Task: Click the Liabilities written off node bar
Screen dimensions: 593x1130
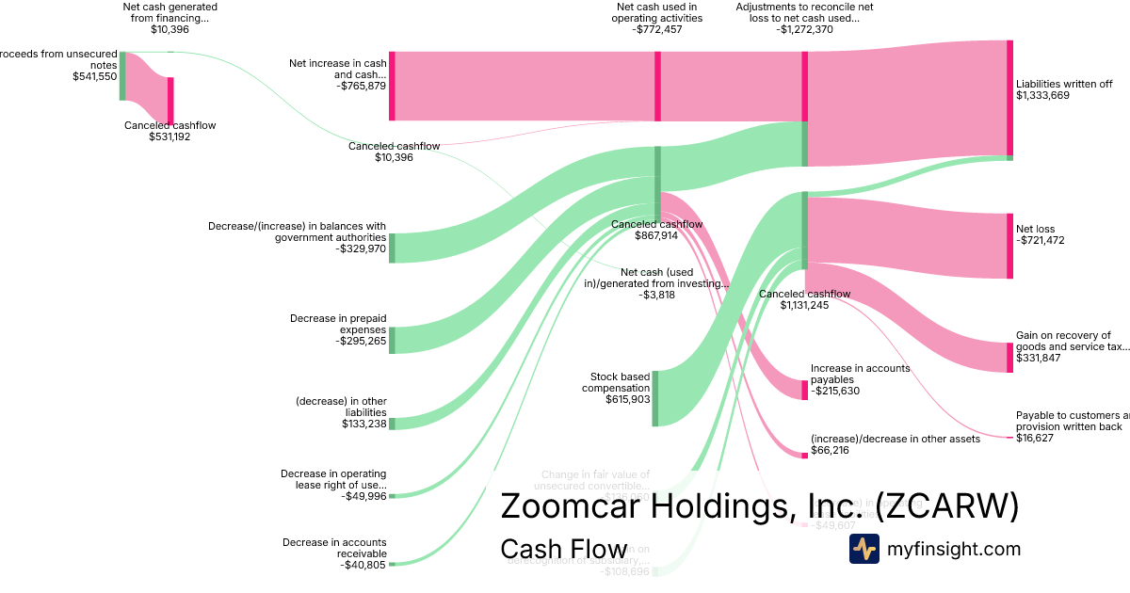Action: click(1009, 98)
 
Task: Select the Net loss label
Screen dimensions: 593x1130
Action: click(1036, 229)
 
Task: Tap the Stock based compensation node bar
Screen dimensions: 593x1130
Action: click(655, 398)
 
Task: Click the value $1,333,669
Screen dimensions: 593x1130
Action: click(1042, 95)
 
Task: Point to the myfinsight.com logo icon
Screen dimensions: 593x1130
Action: click(864, 549)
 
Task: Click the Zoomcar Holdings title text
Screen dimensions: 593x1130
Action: click(759, 506)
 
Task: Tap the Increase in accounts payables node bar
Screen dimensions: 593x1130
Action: click(805, 390)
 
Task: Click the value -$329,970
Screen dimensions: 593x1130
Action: click(360, 249)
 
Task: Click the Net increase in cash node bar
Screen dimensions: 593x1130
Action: click(392, 86)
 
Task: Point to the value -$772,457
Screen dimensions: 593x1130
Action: click(656, 29)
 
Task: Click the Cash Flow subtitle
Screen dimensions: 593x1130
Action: click(563, 549)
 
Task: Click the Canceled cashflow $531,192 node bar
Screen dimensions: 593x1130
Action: click(170, 101)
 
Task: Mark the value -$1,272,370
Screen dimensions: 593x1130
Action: click(804, 29)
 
